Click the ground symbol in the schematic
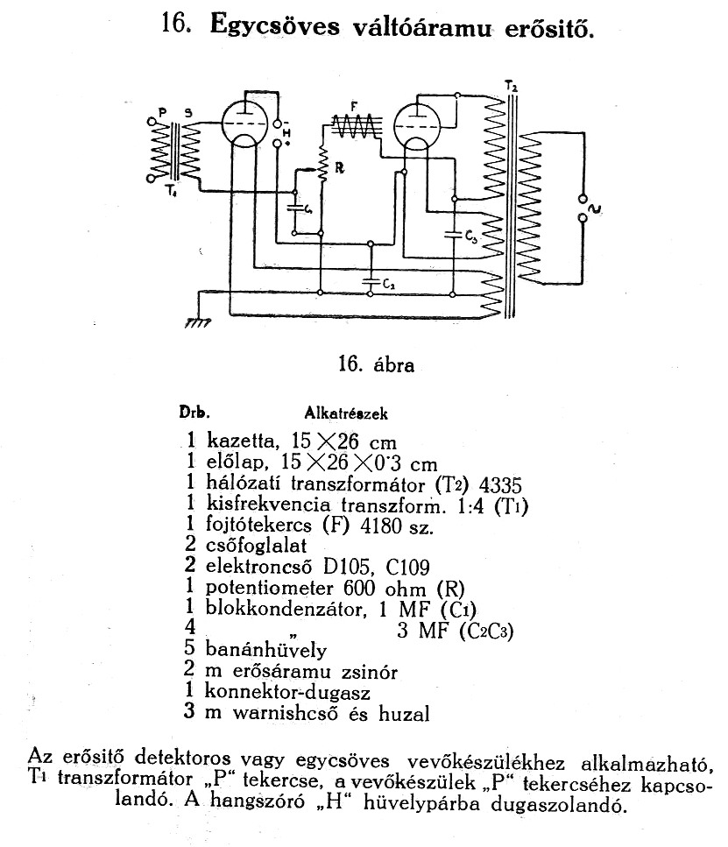[x=198, y=322]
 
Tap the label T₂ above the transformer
[x=511, y=85]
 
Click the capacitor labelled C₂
[x=371, y=280]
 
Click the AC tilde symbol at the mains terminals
[x=597, y=208]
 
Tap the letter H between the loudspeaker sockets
[x=286, y=133]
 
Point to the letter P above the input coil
[x=161, y=112]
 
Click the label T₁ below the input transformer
[x=171, y=191]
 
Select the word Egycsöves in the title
[x=275, y=26]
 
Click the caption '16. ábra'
[x=376, y=364]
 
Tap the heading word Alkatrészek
[x=346, y=413]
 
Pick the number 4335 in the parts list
[x=500, y=485]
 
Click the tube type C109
[x=408, y=568]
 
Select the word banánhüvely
[x=266, y=650]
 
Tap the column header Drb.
[x=194, y=413]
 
